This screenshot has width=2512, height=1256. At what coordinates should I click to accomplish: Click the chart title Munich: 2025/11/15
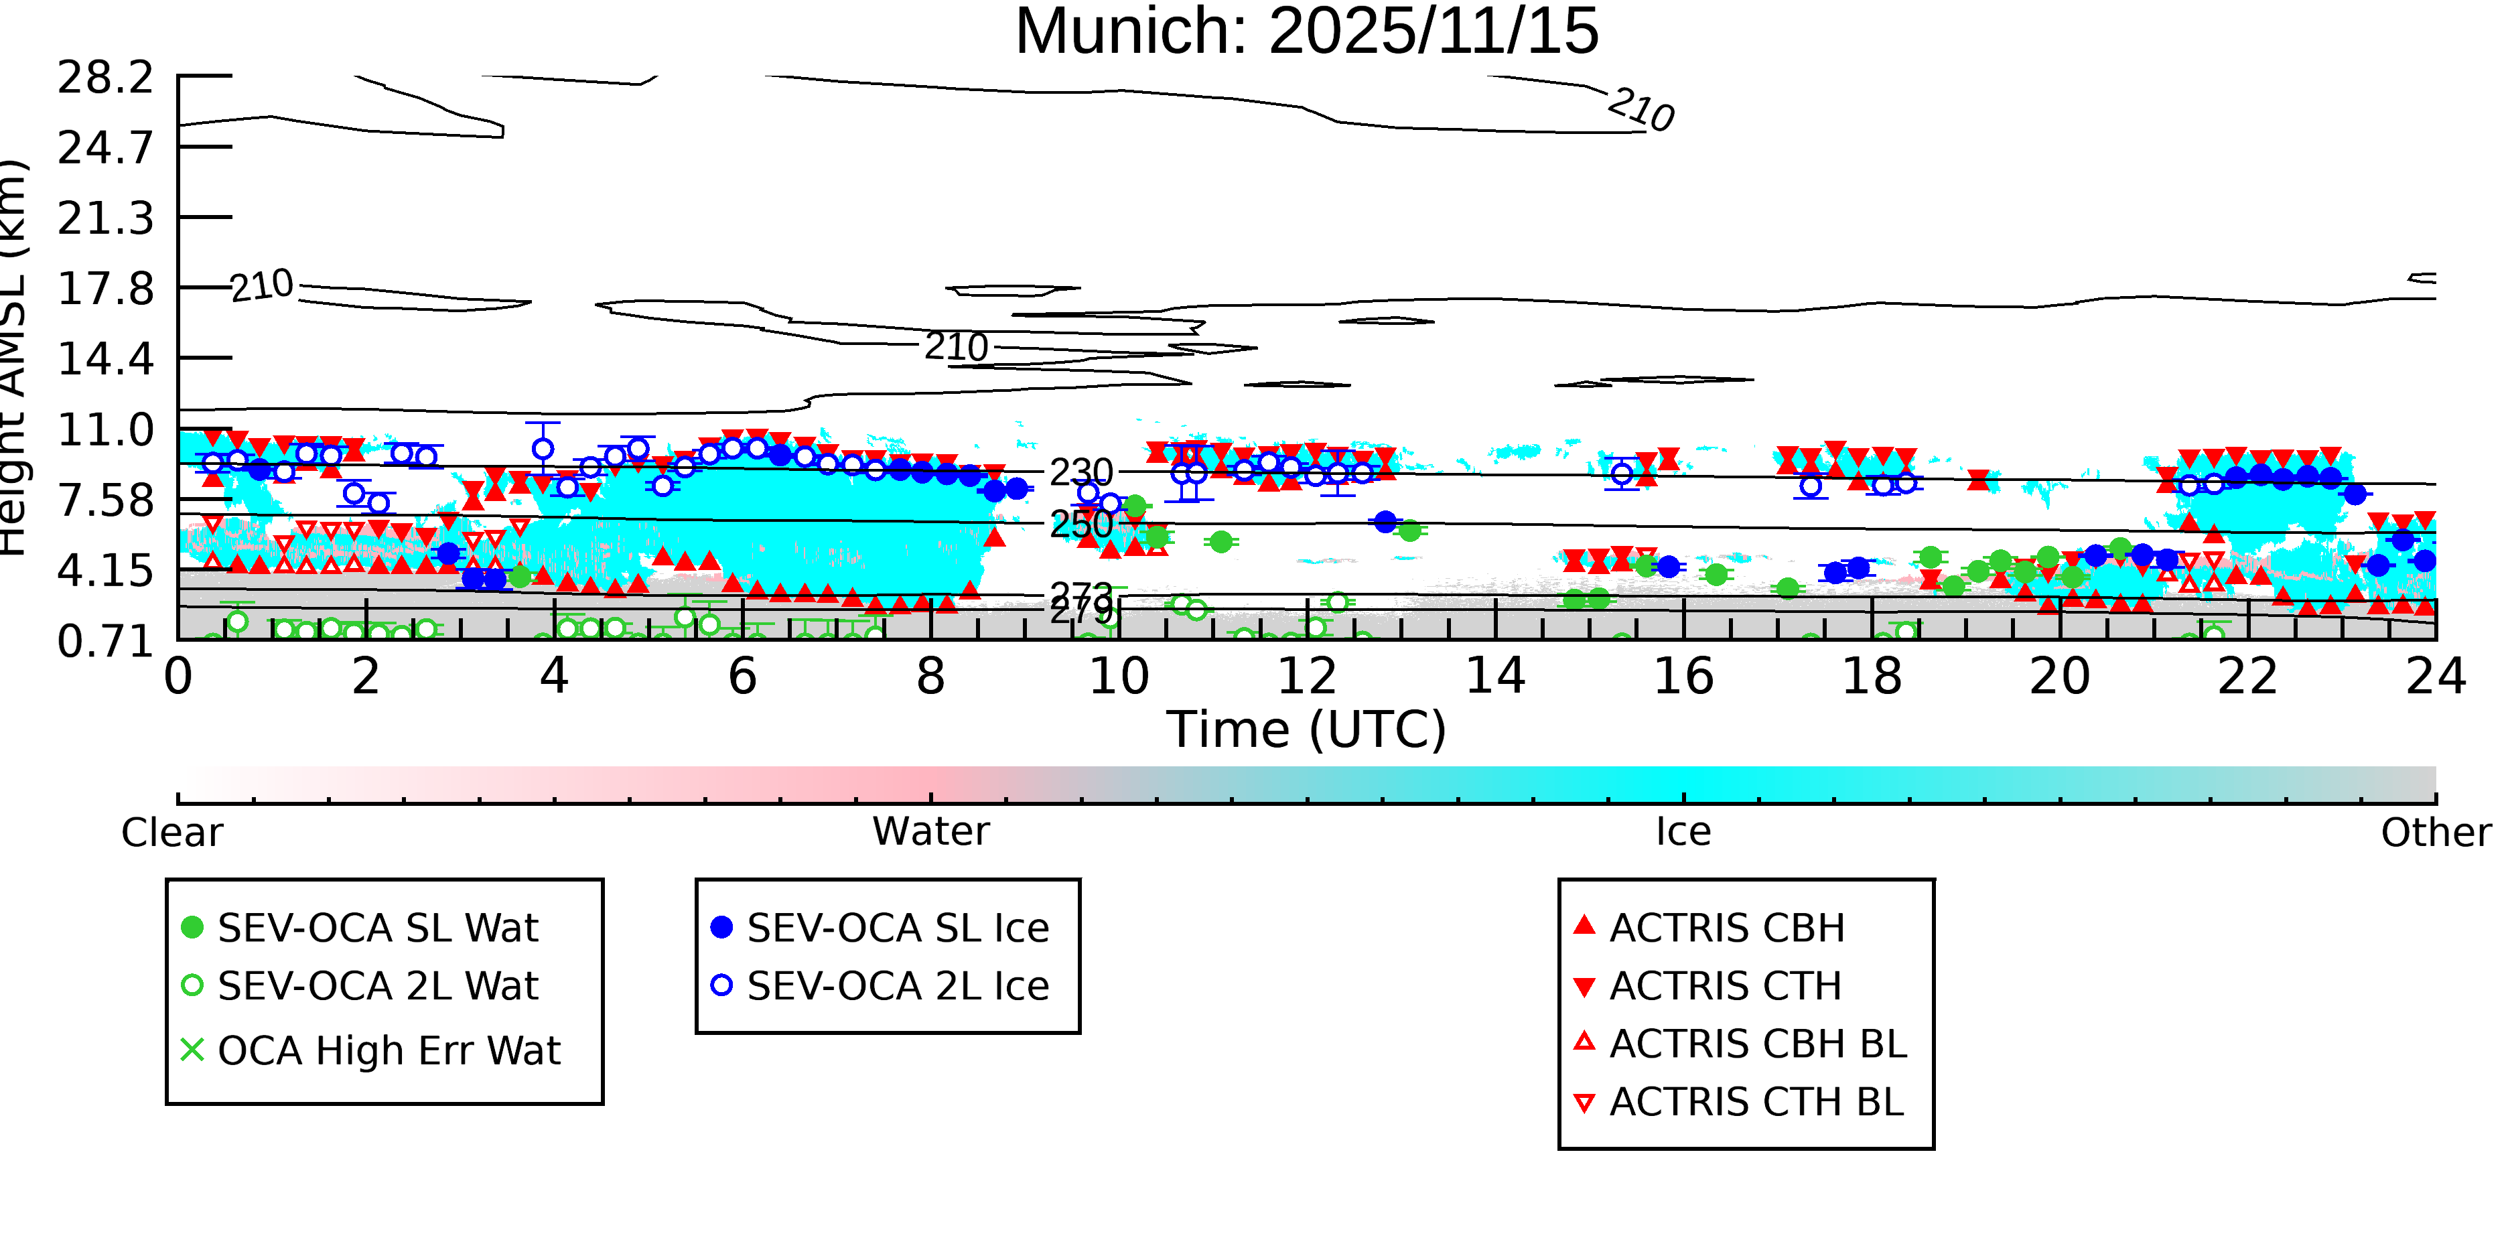pyautogui.click(x=1307, y=31)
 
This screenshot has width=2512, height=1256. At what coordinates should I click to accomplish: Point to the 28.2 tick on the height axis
pyautogui.click(x=105, y=78)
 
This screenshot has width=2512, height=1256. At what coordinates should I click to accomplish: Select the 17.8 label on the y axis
pyautogui.click(x=105, y=289)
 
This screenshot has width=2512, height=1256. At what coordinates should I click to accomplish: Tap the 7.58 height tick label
pyautogui.click(x=105, y=501)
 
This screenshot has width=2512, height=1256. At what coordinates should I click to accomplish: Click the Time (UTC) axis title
pyautogui.click(x=1307, y=729)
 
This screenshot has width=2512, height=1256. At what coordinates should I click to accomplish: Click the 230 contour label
pyautogui.click(x=1081, y=473)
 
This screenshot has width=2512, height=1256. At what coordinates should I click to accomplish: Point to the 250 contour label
pyautogui.click(x=1081, y=525)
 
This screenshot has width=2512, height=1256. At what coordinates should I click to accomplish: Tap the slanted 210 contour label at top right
pyautogui.click(x=1641, y=109)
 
